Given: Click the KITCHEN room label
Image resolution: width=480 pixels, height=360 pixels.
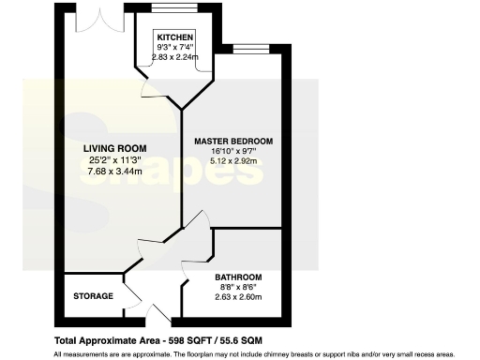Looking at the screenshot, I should (175, 37).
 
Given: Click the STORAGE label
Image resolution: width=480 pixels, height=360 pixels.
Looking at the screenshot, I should (93, 296).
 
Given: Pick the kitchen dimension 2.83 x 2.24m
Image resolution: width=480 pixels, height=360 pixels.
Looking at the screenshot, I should (175, 56).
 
